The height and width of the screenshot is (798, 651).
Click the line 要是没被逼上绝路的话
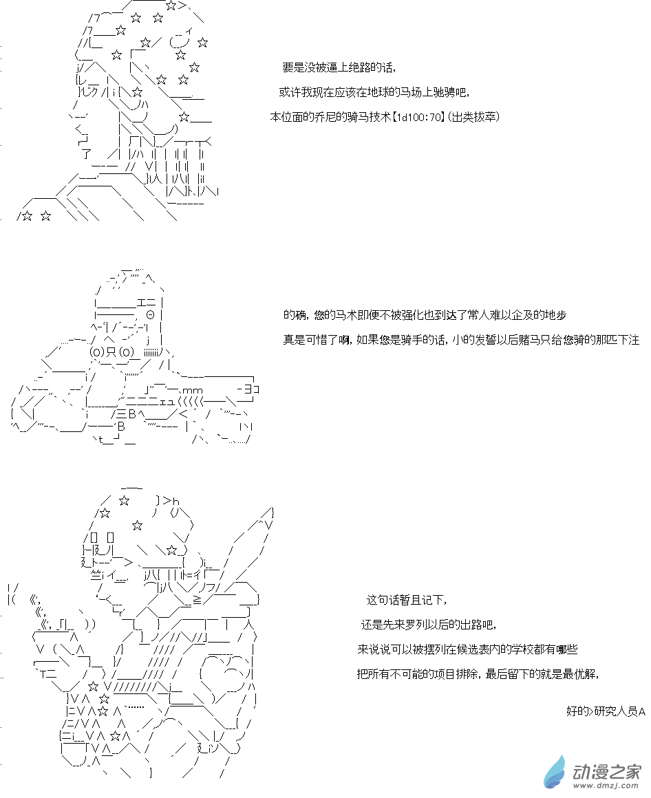click(339, 67)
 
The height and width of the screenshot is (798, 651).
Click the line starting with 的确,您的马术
click(425, 315)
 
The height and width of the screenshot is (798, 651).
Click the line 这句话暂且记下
click(407, 600)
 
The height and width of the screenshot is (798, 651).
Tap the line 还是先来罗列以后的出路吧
click(427, 625)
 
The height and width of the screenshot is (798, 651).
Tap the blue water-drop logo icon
click(555, 770)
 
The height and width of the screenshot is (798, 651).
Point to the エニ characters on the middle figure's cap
click(147, 301)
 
